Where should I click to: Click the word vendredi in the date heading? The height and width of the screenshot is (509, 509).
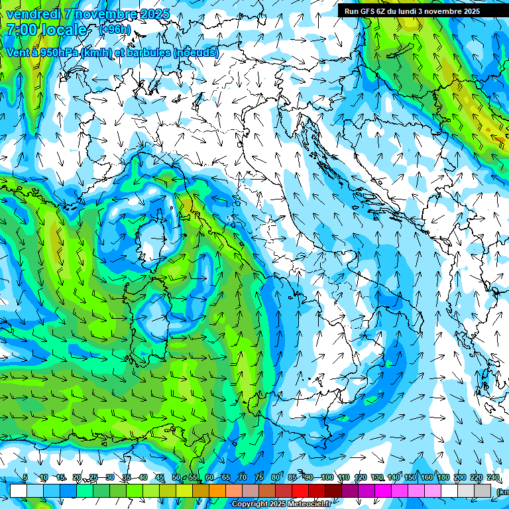click(x=30, y=14)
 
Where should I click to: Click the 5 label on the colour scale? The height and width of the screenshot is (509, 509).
click(x=25, y=477)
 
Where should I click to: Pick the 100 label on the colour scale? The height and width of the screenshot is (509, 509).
click(x=327, y=477)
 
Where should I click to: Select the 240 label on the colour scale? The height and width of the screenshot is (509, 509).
click(x=493, y=477)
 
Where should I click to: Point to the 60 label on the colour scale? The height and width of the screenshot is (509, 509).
click(x=209, y=477)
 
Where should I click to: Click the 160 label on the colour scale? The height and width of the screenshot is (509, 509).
click(x=427, y=477)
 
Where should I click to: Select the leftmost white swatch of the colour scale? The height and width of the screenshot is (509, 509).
click(x=19, y=490)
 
